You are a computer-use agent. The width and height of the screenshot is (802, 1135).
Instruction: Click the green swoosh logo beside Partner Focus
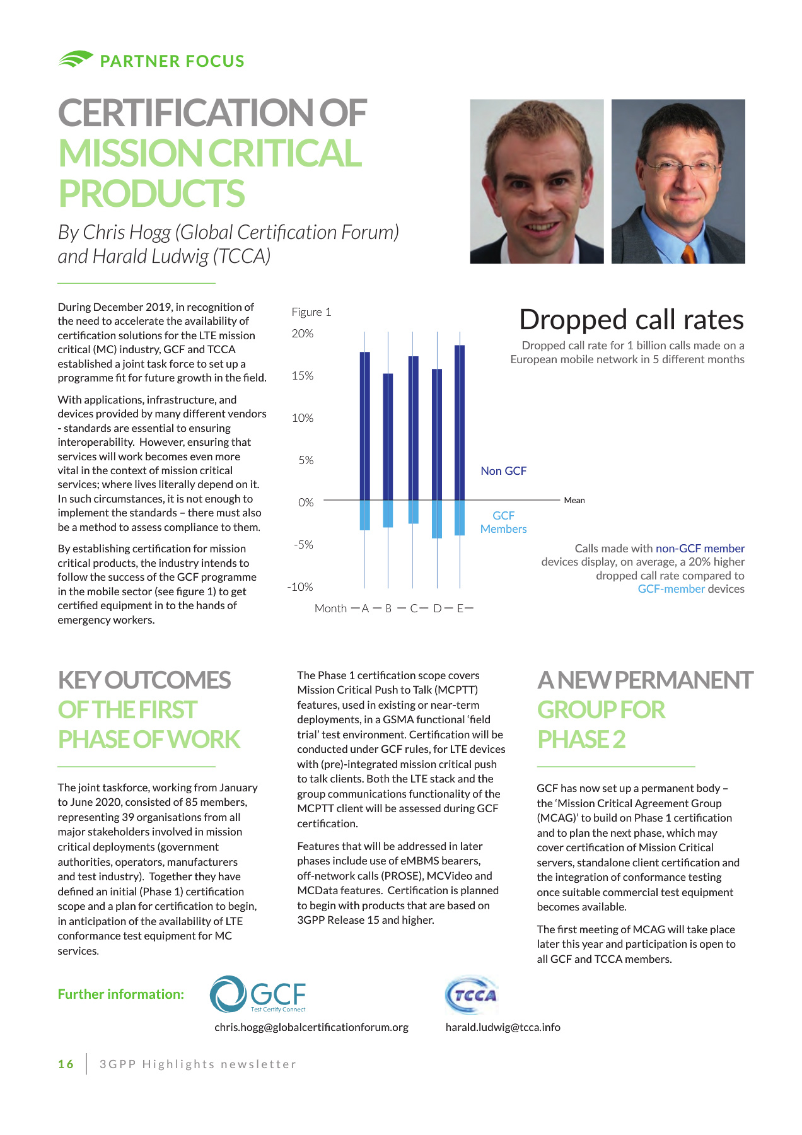76,59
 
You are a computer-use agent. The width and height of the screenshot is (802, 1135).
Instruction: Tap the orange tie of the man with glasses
689,253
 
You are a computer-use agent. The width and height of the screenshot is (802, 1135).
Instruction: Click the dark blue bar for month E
460,422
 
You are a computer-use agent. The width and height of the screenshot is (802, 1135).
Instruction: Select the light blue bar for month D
437,519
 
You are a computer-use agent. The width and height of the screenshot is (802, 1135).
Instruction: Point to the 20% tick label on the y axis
303,334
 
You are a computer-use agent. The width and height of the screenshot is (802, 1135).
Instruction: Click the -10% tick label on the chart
300,587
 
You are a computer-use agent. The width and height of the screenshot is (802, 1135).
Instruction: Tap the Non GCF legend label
503,471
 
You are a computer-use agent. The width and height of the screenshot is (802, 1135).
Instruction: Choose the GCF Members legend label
503,522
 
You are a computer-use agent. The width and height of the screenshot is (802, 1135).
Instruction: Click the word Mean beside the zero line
574,500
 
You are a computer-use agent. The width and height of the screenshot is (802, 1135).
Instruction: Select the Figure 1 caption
311,312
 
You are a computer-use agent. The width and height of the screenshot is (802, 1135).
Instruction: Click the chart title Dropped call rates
631,320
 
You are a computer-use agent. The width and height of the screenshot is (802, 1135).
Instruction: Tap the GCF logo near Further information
258,994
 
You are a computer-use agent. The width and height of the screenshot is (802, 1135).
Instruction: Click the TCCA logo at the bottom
472,996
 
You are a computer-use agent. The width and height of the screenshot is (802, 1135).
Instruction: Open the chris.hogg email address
311,1027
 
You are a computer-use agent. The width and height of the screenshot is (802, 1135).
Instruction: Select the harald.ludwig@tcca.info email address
503,1027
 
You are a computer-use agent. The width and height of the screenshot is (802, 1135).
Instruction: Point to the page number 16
66,1064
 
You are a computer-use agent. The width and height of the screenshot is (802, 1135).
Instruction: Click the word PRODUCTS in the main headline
151,194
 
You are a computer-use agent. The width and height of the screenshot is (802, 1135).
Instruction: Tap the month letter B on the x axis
388,608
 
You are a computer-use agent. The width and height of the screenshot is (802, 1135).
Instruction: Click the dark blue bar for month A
365,426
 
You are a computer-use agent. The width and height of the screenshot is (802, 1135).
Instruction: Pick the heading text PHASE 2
581,739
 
